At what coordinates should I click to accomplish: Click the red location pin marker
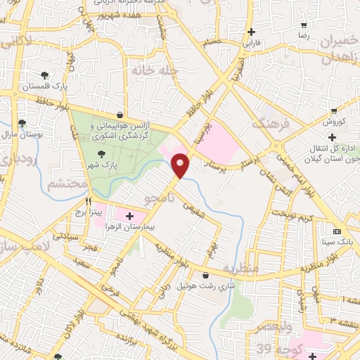(182, 165)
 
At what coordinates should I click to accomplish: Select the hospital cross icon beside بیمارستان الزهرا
(129, 214)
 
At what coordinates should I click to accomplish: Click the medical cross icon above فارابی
(251, 32)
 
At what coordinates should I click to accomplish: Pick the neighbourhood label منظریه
(240, 268)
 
